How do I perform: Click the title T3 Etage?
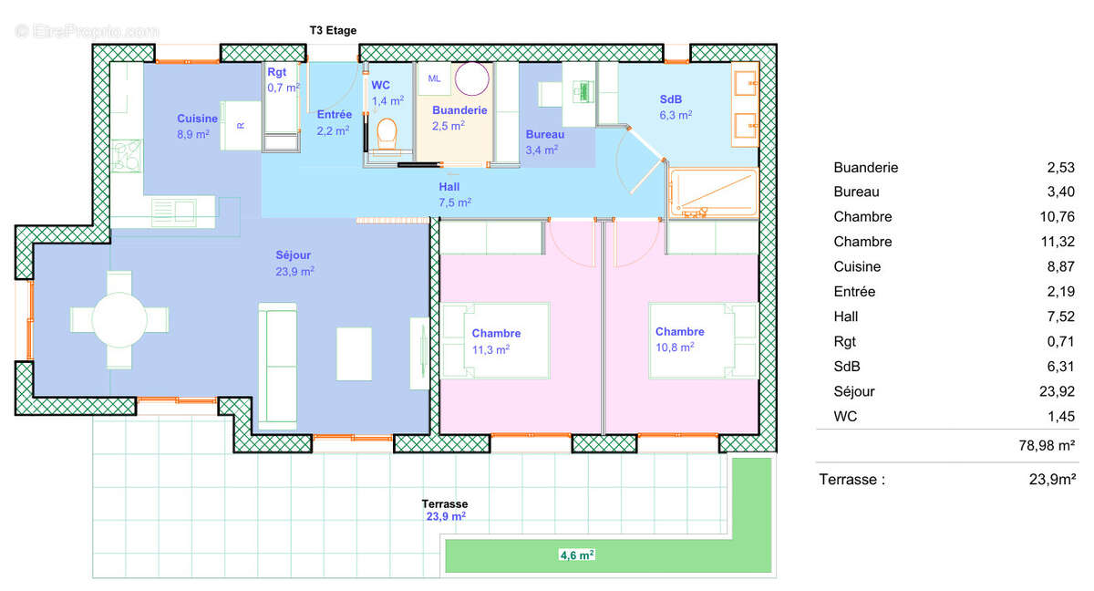333,30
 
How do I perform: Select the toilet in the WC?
387,134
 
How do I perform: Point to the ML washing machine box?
434,79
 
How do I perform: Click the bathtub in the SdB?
713,192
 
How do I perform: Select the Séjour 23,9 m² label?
294,264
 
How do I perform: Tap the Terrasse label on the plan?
444,504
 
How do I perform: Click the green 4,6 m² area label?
576,554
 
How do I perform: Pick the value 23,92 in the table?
1056,391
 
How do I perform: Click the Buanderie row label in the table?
865,168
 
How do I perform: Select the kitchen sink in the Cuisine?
173,211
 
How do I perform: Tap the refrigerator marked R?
241,126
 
